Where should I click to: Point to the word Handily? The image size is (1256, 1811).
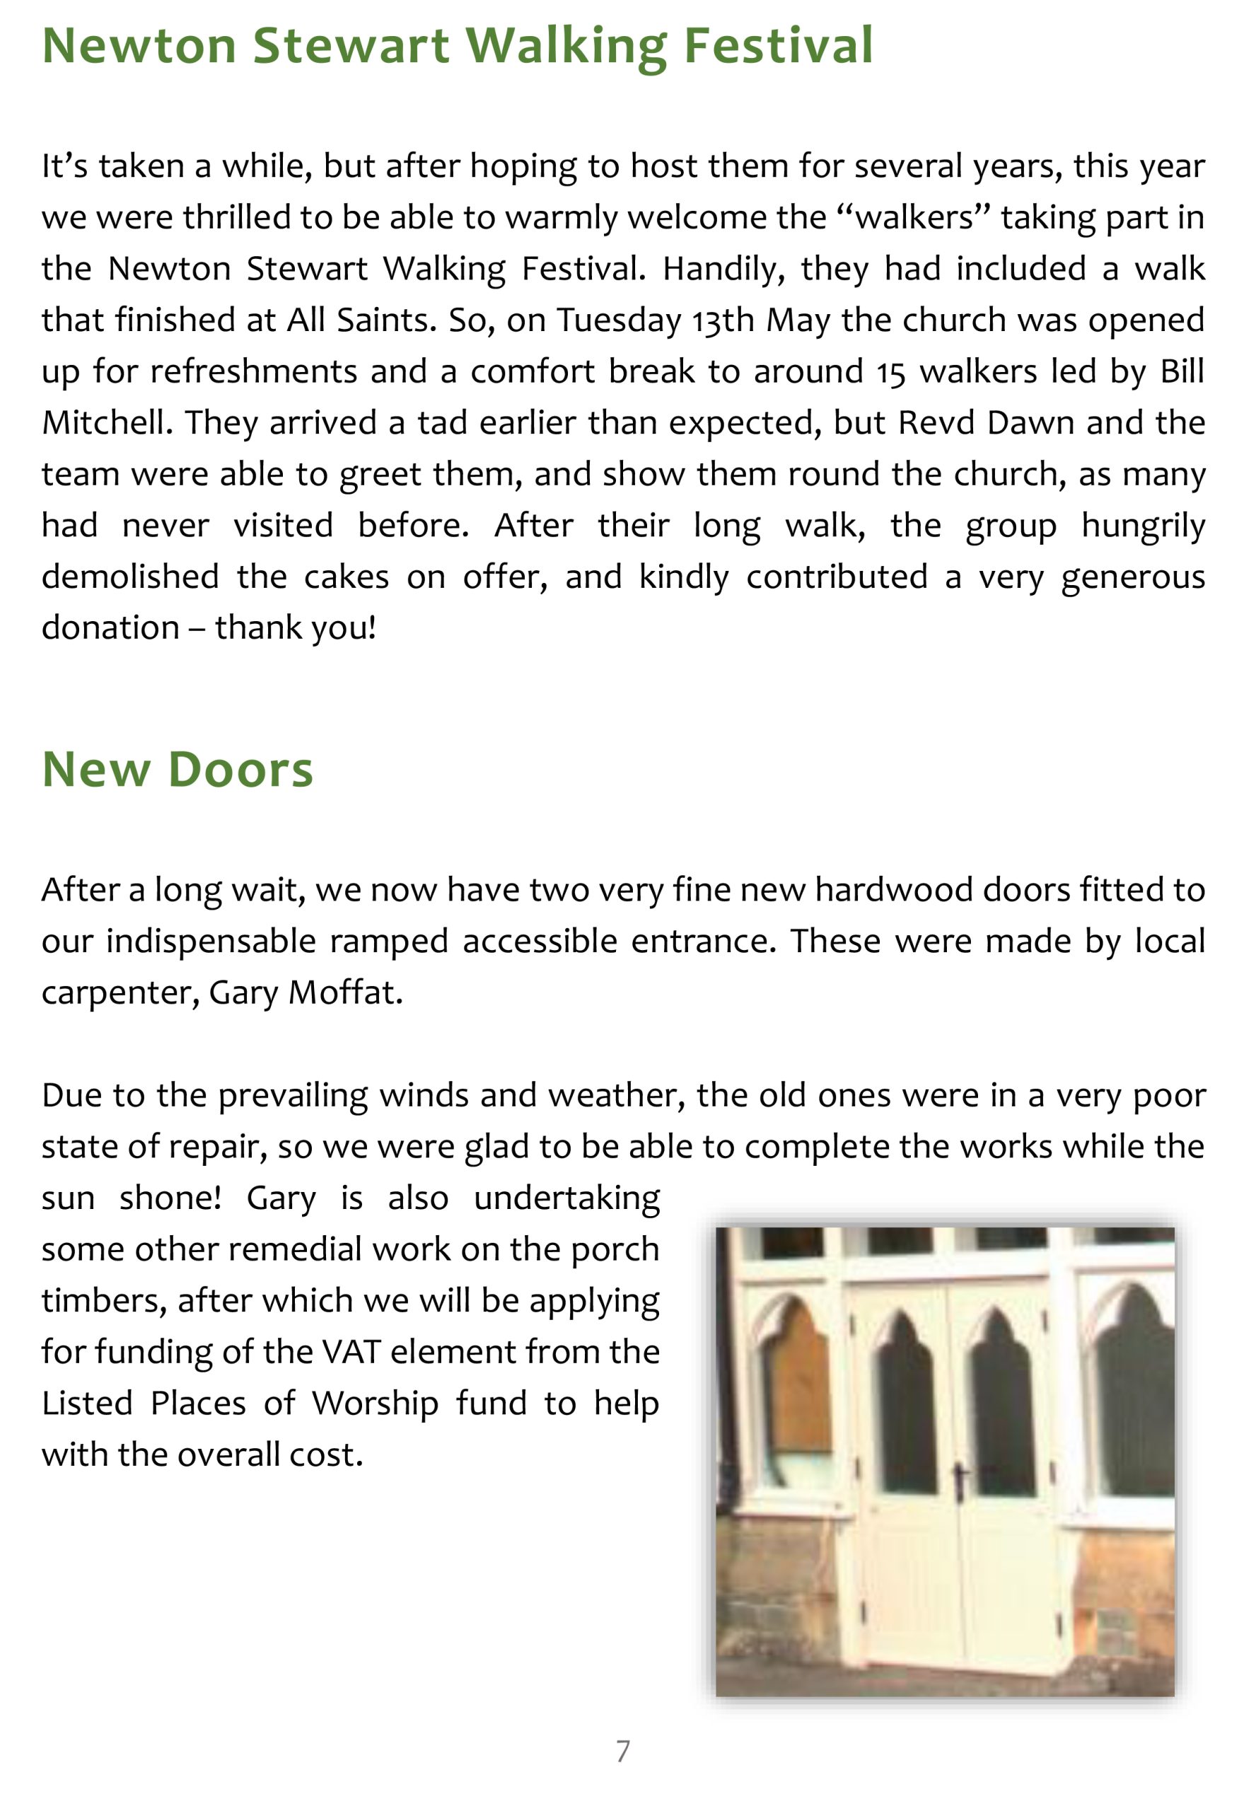pos(723,269)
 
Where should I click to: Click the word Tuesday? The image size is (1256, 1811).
pos(619,320)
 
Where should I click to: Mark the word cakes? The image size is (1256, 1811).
pos(347,577)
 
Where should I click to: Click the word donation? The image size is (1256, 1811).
pos(110,627)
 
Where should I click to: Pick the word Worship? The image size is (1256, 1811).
pos(375,1403)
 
